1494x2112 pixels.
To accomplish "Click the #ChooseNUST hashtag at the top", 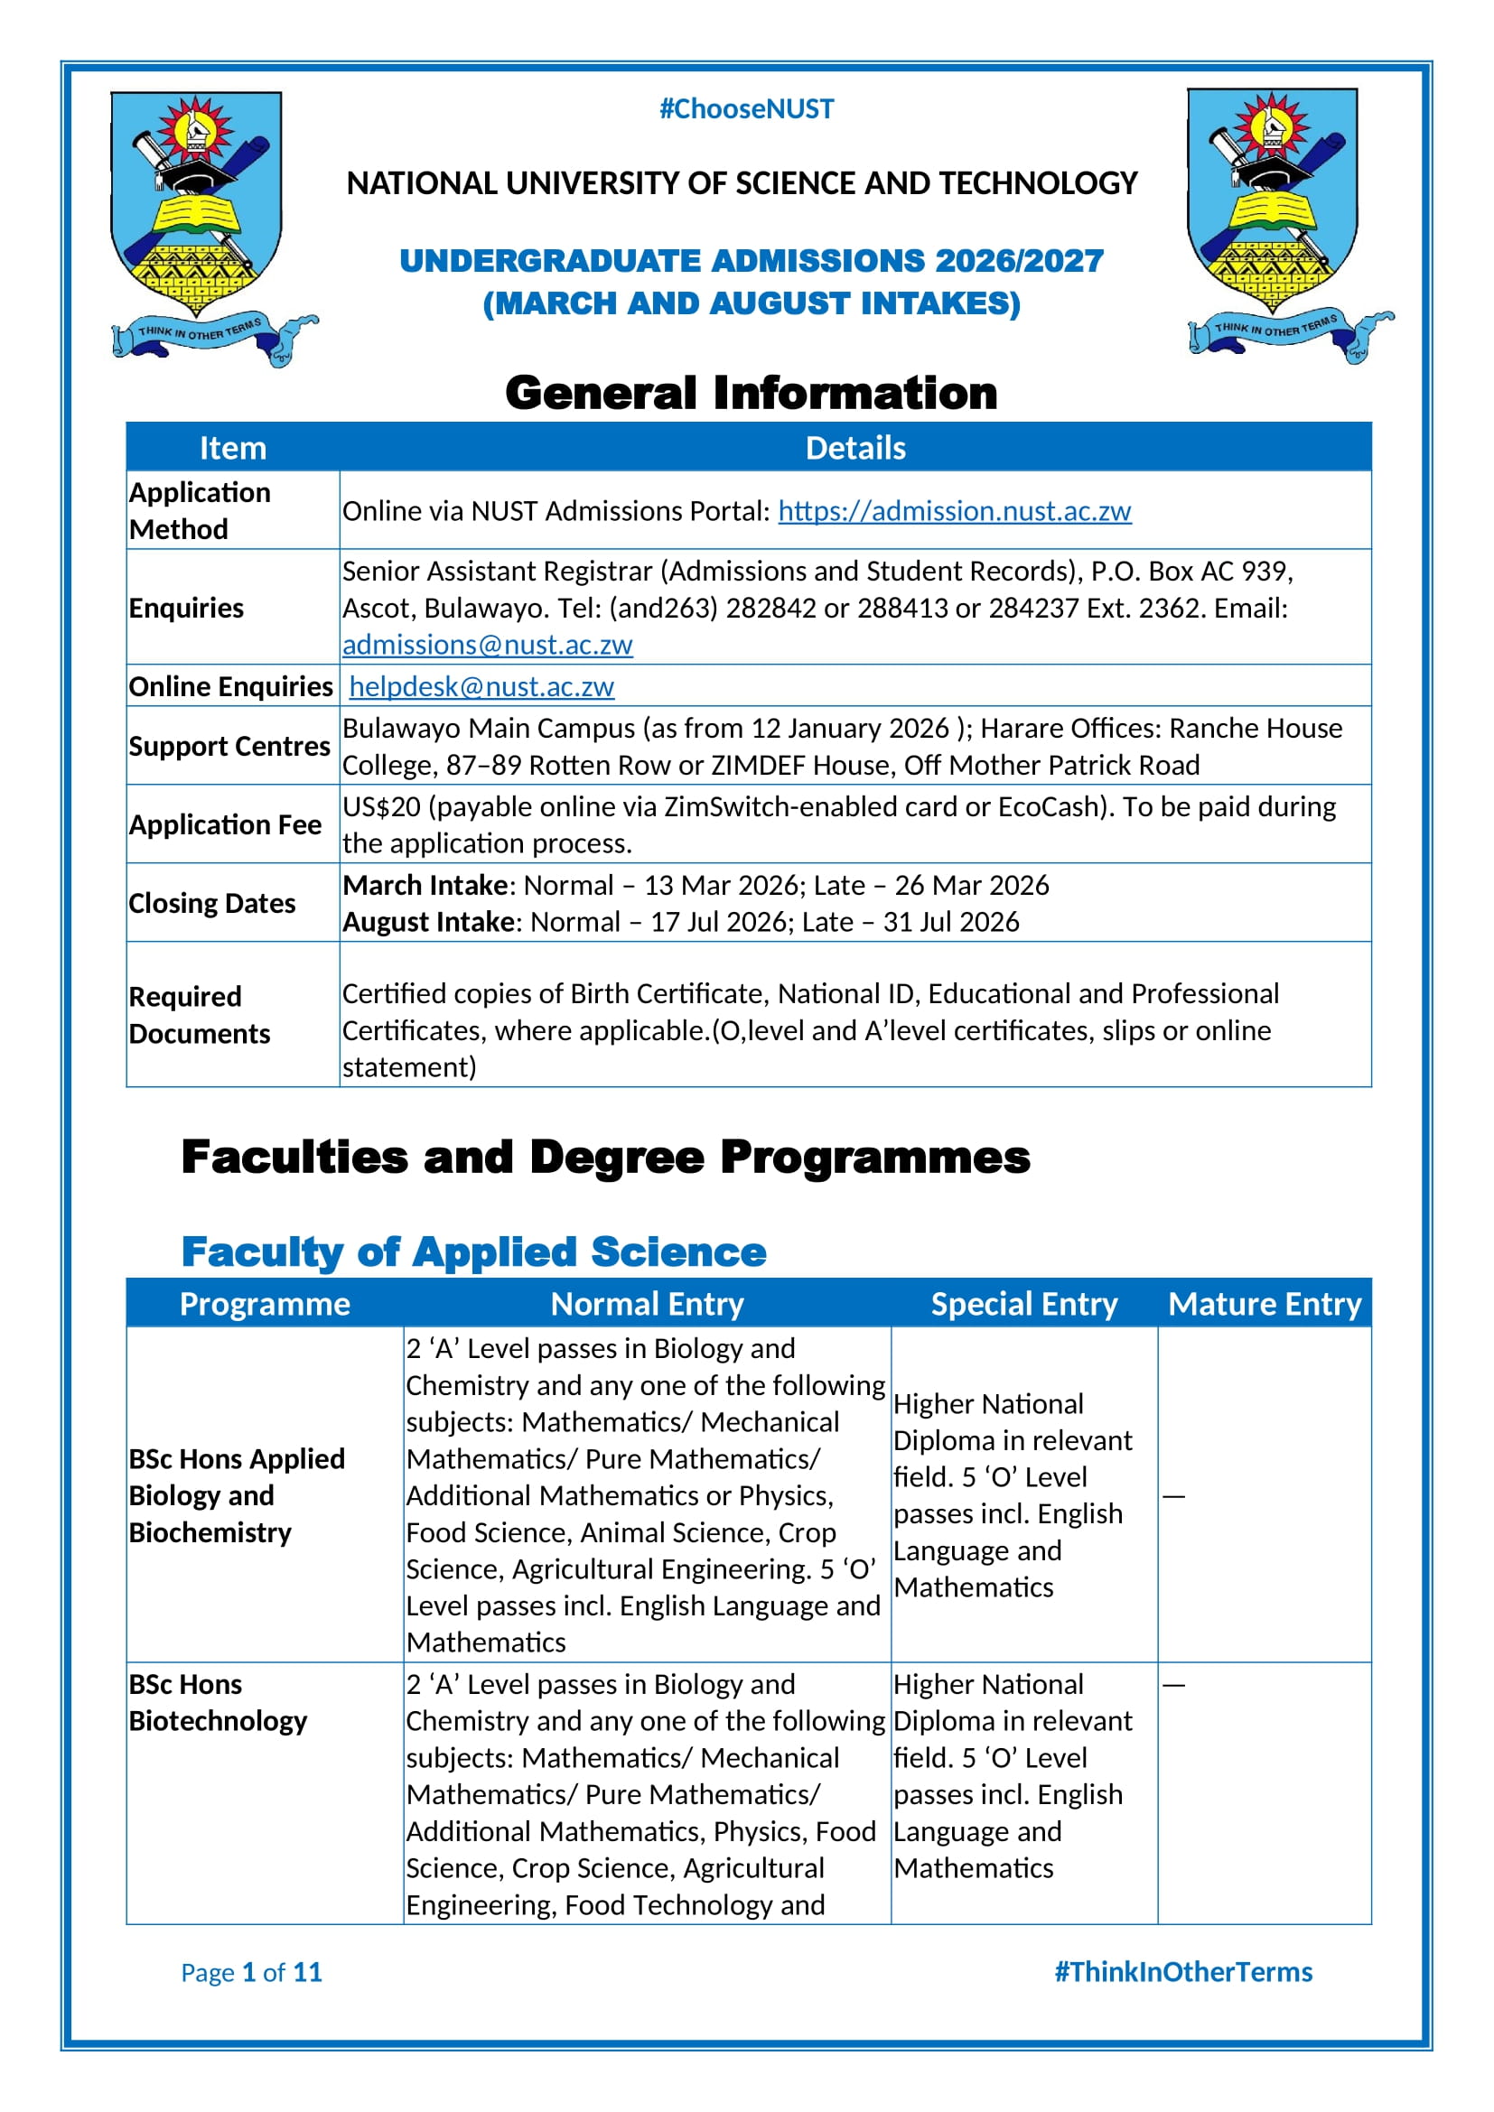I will point(746,109).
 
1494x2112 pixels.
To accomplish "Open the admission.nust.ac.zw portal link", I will point(954,510).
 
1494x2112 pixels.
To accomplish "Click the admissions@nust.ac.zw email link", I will point(487,645).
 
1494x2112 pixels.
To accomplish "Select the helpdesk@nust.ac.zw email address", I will point(481,686).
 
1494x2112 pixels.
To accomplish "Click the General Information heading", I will point(751,393).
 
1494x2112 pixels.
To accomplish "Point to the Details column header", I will point(854,448).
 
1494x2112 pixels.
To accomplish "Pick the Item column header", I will point(233,448).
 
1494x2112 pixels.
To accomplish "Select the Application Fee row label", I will point(226,824).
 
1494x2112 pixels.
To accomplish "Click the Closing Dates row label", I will point(212,903).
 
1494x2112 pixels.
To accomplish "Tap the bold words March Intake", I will point(425,885).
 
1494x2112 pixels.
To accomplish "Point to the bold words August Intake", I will point(429,922).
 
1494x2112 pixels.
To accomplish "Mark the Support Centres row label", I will point(229,746).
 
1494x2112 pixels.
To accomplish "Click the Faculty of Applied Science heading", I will point(474,1251).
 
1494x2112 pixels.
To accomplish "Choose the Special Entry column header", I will point(1024,1305).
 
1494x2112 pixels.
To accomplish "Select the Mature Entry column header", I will point(1264,1305).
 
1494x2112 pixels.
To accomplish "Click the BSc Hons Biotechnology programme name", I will point(218,1703).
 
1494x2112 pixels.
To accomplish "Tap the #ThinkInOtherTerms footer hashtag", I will point(1183,1972).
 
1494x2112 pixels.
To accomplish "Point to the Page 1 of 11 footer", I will point(251,1972).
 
